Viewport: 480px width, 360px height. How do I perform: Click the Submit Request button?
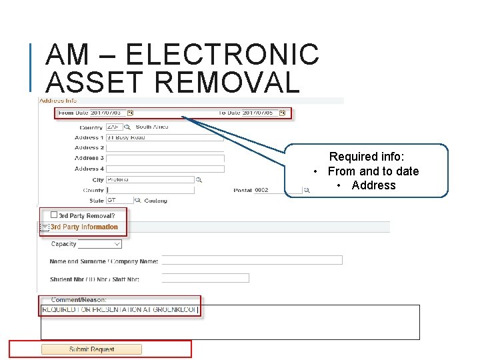click(91, 349)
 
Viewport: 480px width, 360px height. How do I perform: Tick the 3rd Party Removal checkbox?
click(54, 215)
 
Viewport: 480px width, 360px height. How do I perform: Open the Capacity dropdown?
click(100, 245)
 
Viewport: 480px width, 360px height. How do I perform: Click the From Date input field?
click(107, 113)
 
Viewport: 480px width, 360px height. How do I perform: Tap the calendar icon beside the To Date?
click(283, 113)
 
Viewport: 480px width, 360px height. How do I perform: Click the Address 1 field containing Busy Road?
click(165, 137)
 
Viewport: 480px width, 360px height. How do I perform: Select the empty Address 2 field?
click(165, 148)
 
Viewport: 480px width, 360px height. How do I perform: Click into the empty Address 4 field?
click(165, 169)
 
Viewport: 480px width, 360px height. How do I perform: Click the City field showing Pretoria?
click(150, 179)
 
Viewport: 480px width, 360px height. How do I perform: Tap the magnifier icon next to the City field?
click(199, 180)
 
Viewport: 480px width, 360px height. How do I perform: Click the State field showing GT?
click(119, 200)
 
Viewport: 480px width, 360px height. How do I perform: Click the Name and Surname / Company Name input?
click(252, 261)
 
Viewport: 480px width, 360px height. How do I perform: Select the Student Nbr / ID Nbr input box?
click(205, 278)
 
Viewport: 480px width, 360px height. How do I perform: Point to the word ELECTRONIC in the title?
click(222, 54)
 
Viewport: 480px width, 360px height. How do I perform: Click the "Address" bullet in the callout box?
click(373, 185)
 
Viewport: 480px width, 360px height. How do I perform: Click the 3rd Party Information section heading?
click(84, 227)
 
